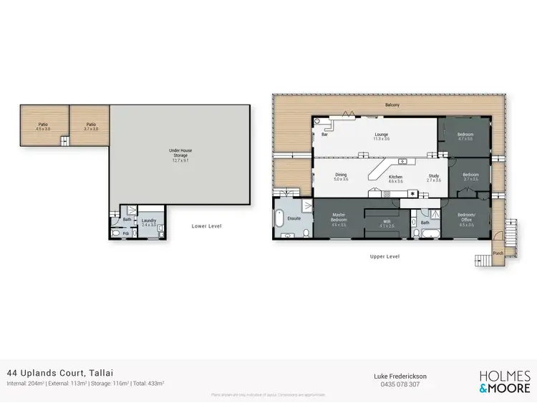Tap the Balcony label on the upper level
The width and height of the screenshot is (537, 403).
[x=392, y=106]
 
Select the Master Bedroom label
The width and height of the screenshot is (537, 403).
[x=338, y=218]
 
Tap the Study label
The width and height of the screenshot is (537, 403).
[x=434, y=177]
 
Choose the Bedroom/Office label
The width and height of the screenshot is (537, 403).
[x=466, y=218]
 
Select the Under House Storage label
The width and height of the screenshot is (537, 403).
[x=180, y=153]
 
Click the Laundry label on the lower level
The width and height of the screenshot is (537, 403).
[x=148, y=221]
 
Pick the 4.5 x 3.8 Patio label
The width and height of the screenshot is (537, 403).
[x=43, y=126]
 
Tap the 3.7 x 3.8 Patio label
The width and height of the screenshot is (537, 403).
[x=91, y=126]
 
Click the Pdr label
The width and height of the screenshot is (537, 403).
[x=125, y=233]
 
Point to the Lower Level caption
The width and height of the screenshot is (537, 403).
[x=206, y=226]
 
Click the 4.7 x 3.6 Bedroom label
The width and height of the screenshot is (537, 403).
[x=465, y=136]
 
